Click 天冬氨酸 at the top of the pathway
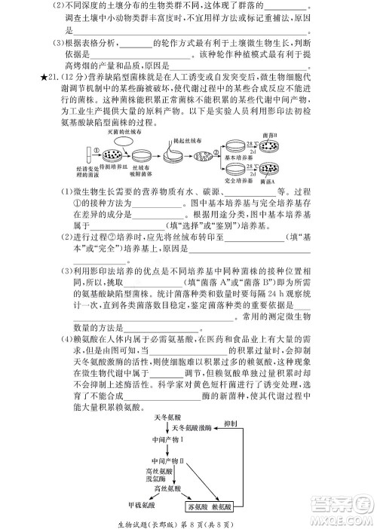coord(168,417)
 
